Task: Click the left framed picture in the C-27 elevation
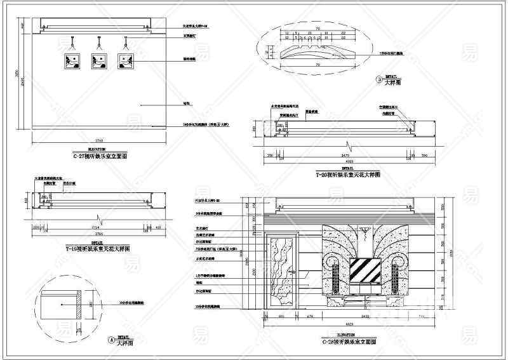tap(71, 62)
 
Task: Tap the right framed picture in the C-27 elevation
tap(126, 62)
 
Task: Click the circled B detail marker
tap(379, 80)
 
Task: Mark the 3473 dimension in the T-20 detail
tap(346, 155)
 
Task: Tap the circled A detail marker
tap(112, 341)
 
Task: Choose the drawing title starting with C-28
tap(349, 341)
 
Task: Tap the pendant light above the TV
tap(366, 235)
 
